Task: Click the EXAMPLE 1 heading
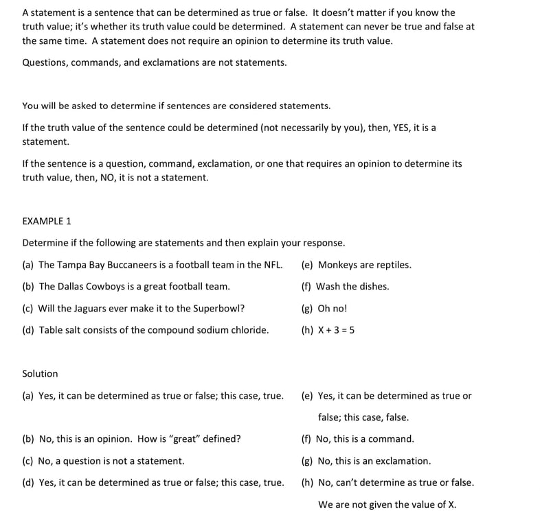tap(47, 221)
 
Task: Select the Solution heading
tap(40, 373)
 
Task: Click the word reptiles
tap(393, 265)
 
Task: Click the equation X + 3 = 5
tap(336, 330)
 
